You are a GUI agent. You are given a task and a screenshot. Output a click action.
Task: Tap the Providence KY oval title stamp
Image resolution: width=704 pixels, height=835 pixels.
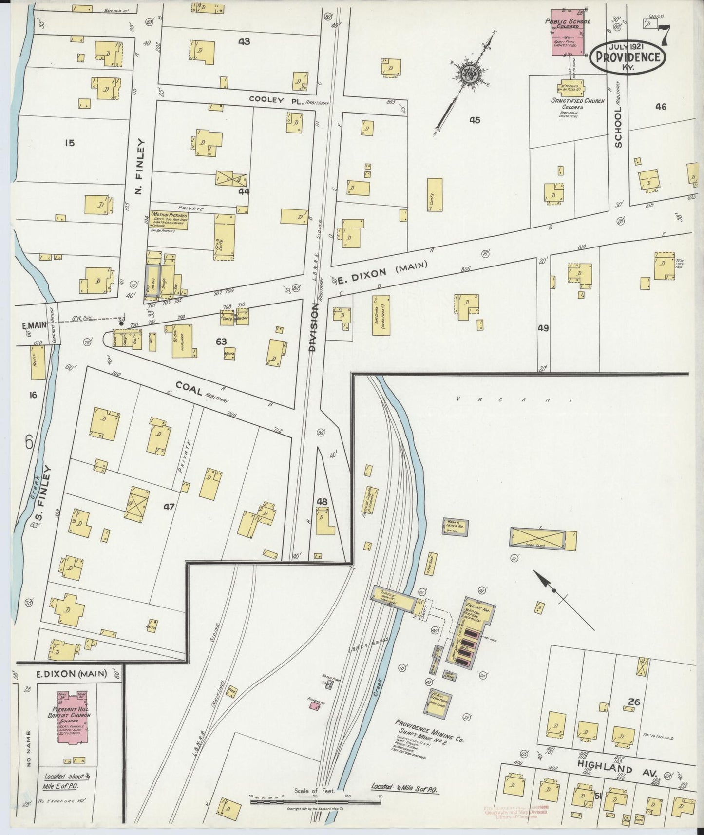point(627,57)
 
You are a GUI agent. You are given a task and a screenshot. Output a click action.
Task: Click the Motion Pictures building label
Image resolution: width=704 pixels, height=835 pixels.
point(169,214)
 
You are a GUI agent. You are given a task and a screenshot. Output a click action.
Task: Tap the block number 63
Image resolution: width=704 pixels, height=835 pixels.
point(221,342)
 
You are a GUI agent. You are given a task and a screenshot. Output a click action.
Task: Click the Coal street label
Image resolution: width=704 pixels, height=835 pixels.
point(189,386)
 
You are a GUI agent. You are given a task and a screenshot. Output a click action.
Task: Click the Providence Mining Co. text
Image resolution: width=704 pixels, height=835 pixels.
point(430,726)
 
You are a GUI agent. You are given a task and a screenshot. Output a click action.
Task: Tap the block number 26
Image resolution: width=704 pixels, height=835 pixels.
point(633,702)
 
